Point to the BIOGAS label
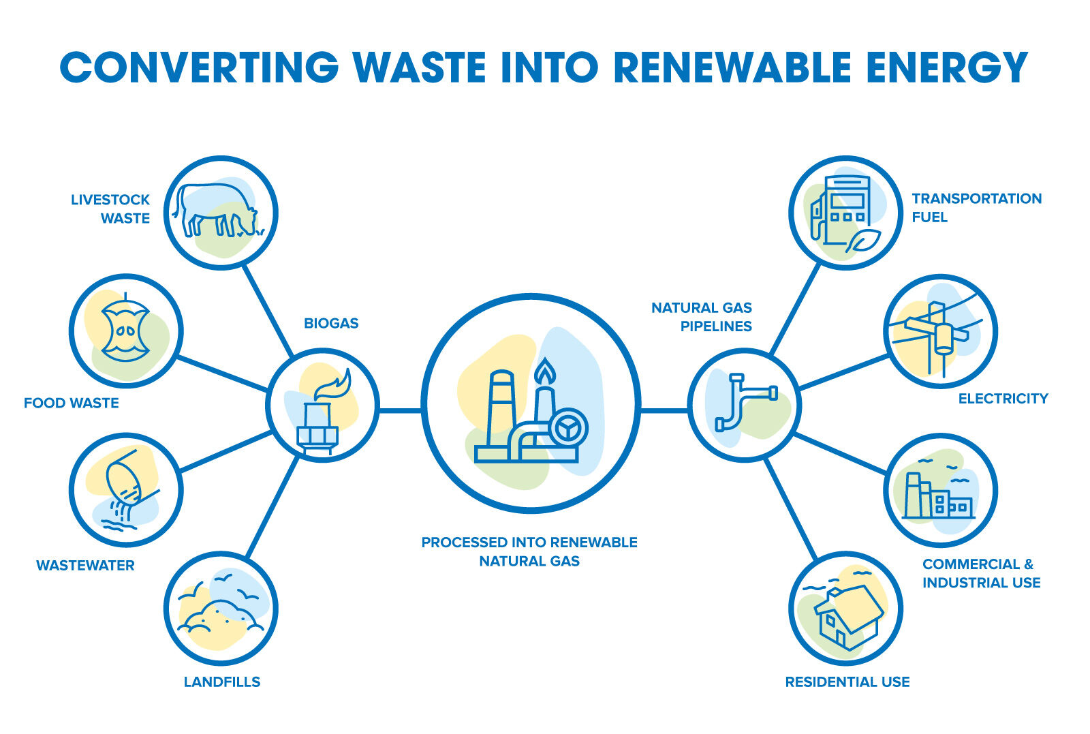pos(331,323)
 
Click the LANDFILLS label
pos(222,682)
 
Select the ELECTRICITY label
pos(1003,399)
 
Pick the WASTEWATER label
pos(85,565)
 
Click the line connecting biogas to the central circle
pos(400,410)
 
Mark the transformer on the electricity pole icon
pos(944,338)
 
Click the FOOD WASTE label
pos(72,403)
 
